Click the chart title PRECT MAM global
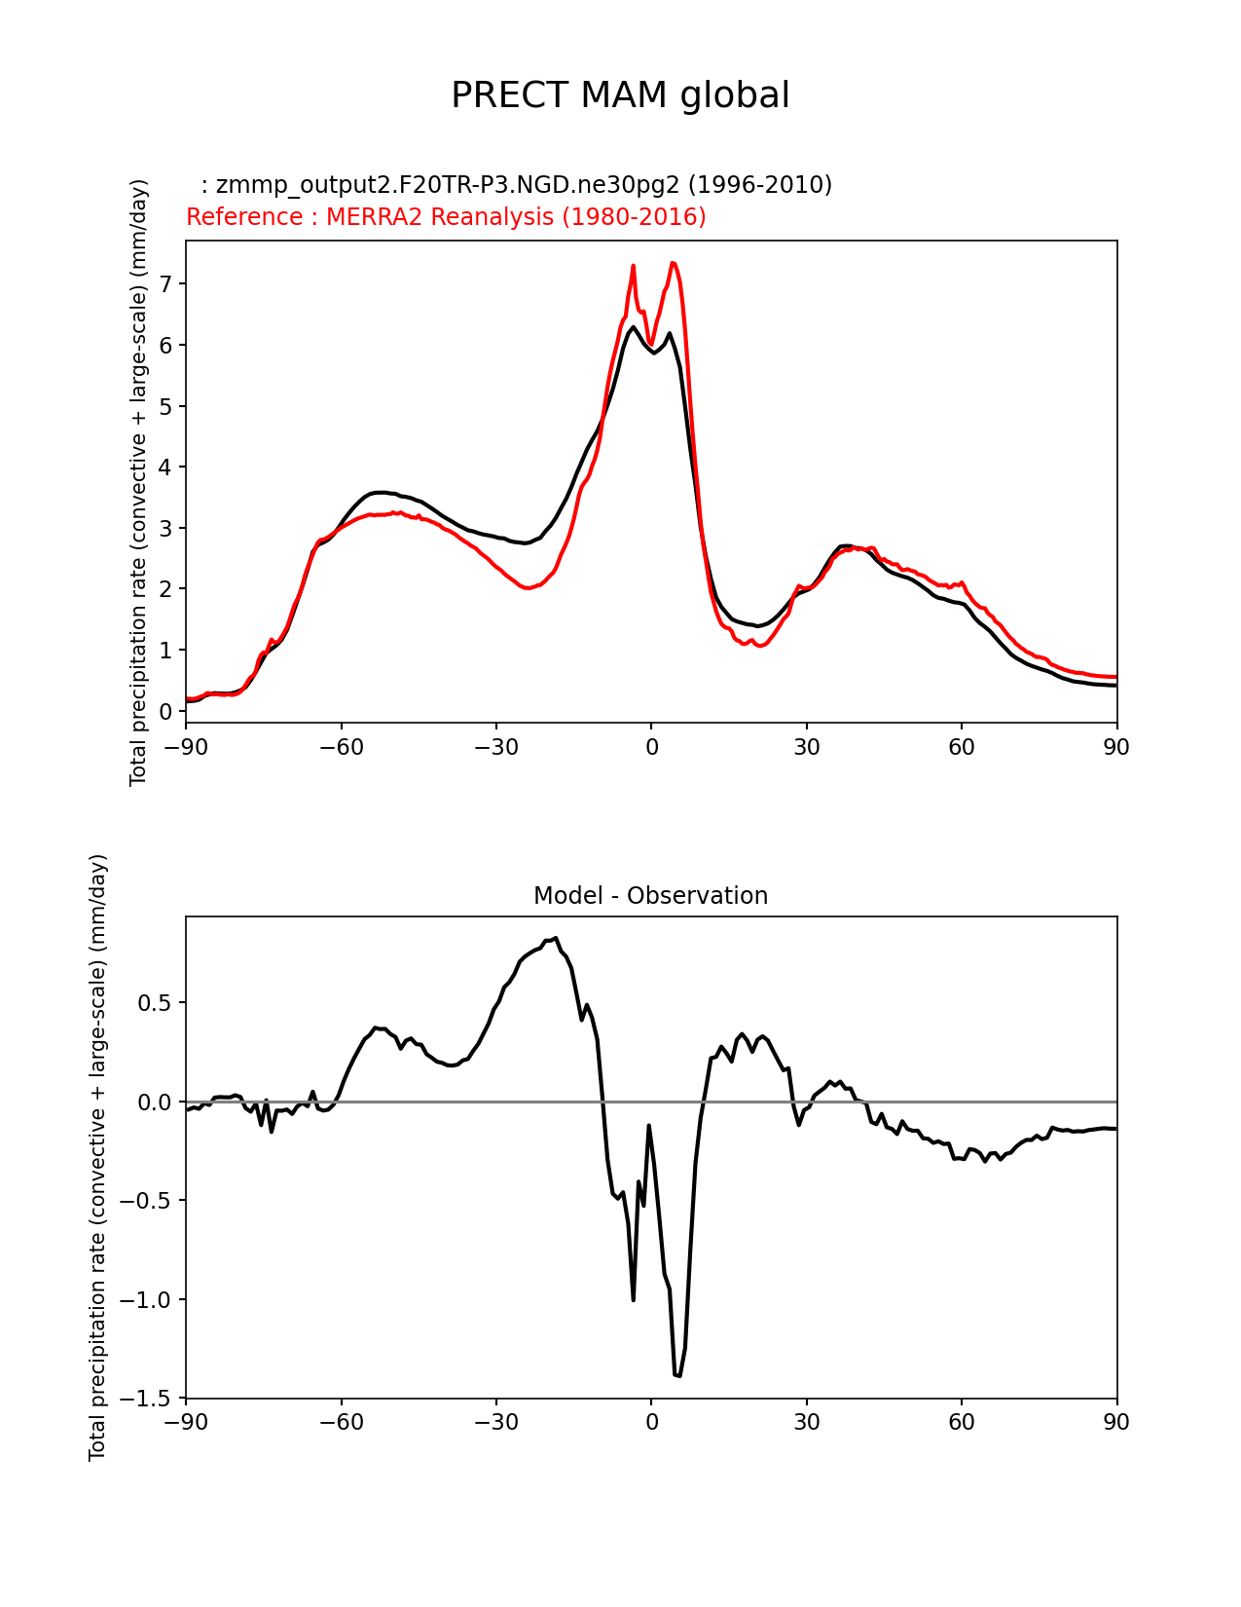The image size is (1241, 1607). pos(620,95)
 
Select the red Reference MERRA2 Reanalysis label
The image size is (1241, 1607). pos(446,217)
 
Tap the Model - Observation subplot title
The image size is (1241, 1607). pos(650,896)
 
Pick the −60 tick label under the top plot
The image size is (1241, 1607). pos(341,747)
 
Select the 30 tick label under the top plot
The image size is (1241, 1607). pos(806,747)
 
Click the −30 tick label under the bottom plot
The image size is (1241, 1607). pos(495,1423)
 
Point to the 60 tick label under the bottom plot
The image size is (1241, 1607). pos(961,1423)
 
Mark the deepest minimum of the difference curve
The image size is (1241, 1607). pos(677,1375)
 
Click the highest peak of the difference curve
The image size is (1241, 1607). pos(555,938)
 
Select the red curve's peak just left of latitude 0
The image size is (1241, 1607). pos(633,265)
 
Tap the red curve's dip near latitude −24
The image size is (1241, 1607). pos(528,588)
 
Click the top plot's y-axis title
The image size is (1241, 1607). pos(138,482)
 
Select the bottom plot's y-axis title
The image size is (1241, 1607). pos(97,1157)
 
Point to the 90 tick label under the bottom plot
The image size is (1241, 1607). pos(1116,1423)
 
